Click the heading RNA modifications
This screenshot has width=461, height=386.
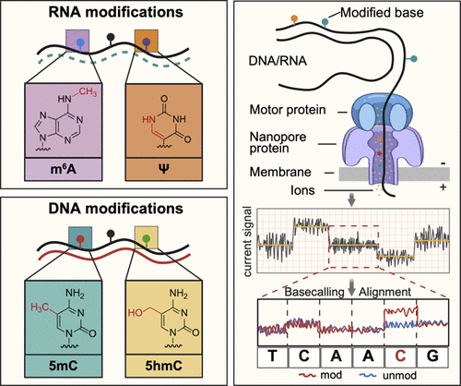(116, 12)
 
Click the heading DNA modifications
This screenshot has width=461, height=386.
(116, 209)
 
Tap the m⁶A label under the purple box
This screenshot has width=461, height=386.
(64, 169)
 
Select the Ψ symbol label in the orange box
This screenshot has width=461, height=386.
(164, 169)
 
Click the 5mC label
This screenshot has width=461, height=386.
(63, 366)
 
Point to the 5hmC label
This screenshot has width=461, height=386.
(164, 366)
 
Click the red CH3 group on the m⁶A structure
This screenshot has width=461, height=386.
(89, 91)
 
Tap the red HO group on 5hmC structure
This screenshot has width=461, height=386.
(136, 313)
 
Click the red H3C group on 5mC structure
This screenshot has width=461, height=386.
(40, 307)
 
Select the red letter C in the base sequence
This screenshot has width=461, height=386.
(400, 356)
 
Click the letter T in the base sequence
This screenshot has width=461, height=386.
(272, 356)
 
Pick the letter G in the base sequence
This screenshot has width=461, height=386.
(432, 356)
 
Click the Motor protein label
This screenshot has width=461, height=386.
(288, 110)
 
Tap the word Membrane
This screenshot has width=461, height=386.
(280, 172)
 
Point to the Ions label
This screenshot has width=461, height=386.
(302, 190)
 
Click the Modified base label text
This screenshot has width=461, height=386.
(382, 13)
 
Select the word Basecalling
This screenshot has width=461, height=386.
(314, 292)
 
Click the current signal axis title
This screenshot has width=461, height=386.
(248, 241)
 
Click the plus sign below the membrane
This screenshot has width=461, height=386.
(443, 187)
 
